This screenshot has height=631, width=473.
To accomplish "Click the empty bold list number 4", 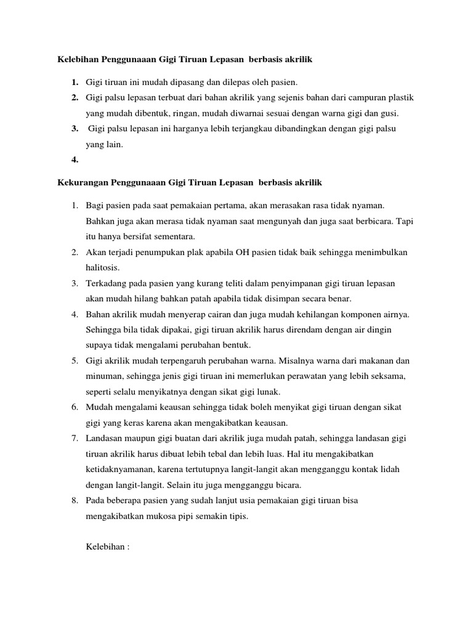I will pos(75,160).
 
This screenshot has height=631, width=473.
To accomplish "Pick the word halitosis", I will pos(102,268).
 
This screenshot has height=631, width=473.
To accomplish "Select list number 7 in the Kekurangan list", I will pos(74,438).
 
